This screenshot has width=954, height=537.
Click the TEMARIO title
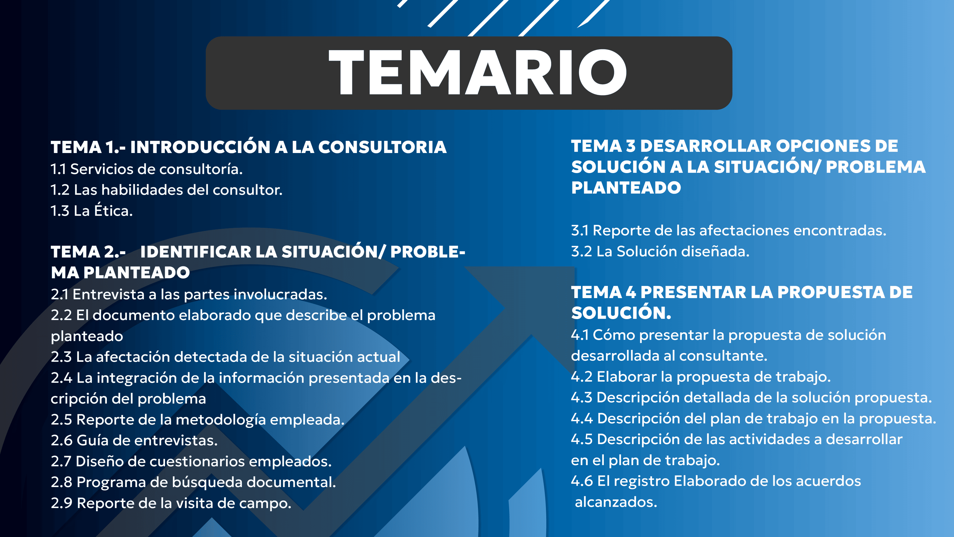pyautogui.click(x=477, y=72)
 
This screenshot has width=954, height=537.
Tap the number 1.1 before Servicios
pyautogui.click(x=59, y=169)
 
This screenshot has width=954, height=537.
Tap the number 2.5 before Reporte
pyautogui.click(x=61, y=420)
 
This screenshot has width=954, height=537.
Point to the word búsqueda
pyautogui.click(x=207, y=483)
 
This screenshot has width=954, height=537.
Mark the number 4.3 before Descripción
pyautogui.click(x=582, y=398)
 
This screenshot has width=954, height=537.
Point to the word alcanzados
pyautogui.click(x=616, y=502)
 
